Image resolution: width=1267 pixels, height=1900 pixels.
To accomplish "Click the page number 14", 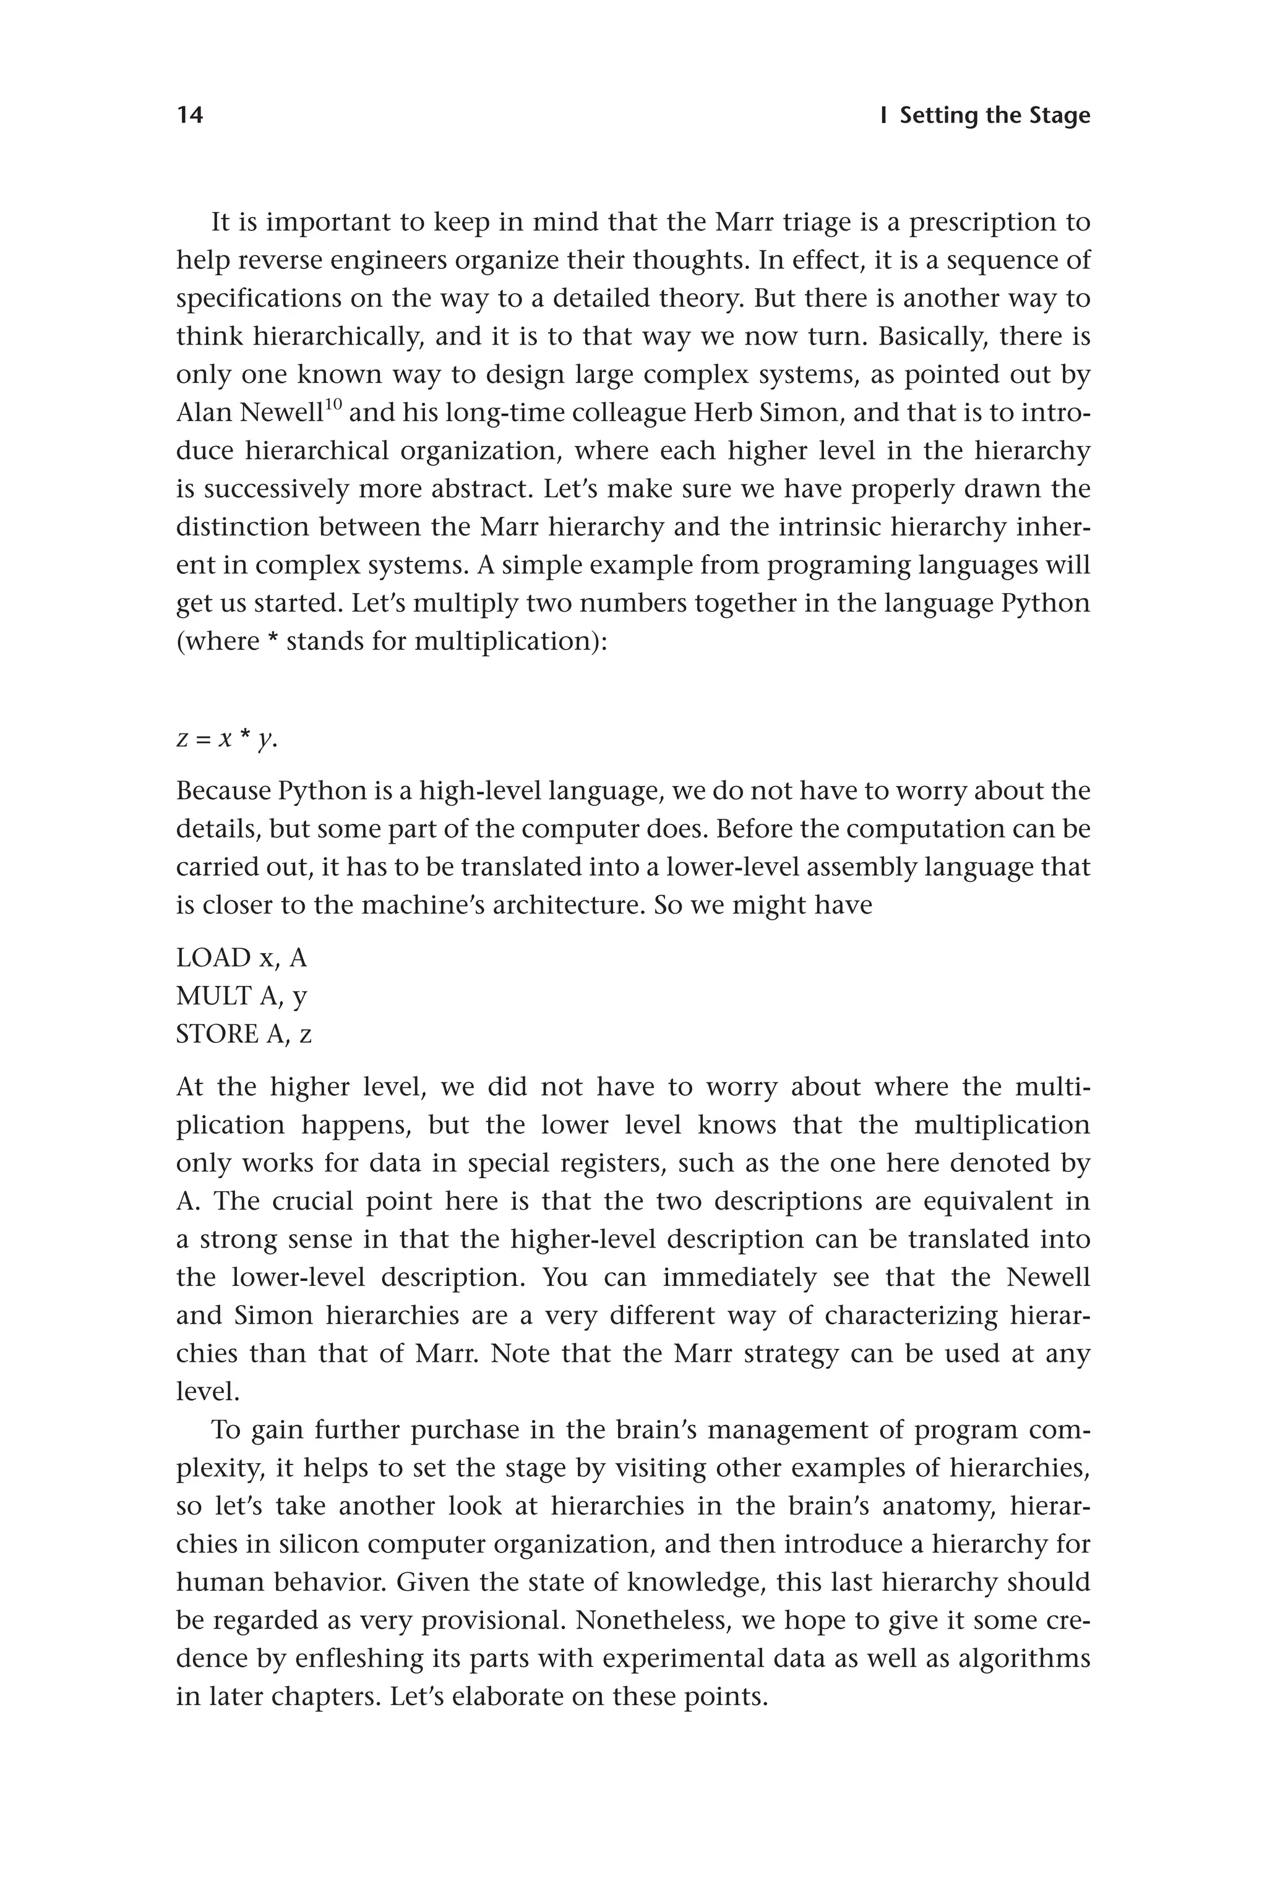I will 190,116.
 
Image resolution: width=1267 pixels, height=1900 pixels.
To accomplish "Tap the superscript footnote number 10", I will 333,404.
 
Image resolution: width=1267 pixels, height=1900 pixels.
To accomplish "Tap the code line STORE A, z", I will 244,1034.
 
